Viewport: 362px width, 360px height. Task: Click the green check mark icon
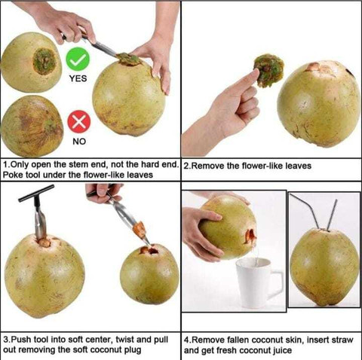click(x=78, y=59)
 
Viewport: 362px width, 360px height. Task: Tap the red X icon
click(x=78, y=121)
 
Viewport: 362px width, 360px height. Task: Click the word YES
click(x=78, y=78)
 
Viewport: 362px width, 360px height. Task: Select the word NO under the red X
click(x=78, y=140)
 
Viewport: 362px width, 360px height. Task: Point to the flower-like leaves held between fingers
click(x=268, y=69)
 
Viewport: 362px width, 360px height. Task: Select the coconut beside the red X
click(x=31, y=124)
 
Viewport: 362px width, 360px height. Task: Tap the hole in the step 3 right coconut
click(x=148, y=250)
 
